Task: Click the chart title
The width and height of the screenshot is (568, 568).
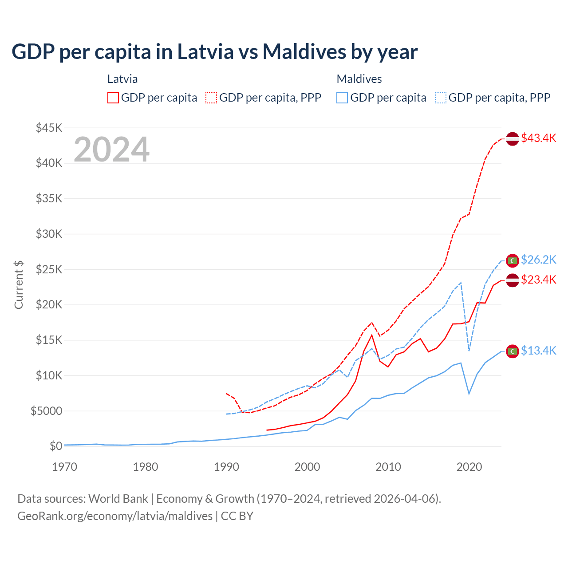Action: tap(214, 52)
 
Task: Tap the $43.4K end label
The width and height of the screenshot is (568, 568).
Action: tap(538, 138)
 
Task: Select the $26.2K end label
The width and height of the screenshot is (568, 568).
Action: tap(538, 260)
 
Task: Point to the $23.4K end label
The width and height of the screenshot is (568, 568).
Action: tap(538, 280)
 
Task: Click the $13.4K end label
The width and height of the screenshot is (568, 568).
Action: tap(538, 351)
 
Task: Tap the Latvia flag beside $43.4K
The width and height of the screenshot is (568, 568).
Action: tap(513, 138)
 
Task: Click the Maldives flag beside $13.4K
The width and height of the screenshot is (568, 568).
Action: tap(513, 351)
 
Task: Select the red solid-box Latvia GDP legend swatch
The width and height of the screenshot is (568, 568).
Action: tap(113, 98)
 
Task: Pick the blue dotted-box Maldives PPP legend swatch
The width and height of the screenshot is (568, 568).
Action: tap(441, 98)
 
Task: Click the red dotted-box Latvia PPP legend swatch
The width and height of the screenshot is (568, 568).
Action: tap(211, 98)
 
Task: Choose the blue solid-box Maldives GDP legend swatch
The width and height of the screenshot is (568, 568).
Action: tap(342, 98)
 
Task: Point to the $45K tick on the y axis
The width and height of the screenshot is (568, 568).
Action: tap(49, 128)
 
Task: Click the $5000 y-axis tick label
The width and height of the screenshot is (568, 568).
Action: tap(46, 411)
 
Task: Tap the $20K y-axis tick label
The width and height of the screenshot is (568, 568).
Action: tap(49, 305)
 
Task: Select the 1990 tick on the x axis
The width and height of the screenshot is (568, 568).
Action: tap(226, 467)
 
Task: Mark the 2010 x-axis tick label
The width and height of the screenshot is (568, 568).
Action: tap(388, 467)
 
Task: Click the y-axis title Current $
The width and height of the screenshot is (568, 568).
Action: tap(19, 285)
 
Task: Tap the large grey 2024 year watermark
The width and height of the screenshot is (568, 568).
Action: tap(111, 150)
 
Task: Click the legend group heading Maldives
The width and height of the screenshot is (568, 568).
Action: tap(359, 79)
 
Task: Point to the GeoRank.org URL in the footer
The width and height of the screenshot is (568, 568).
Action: tap(115, 516)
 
